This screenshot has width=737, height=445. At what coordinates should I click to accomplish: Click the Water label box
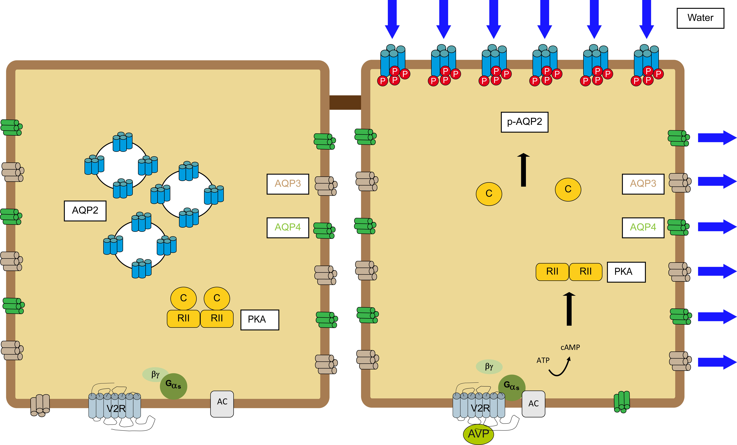pos(700,18)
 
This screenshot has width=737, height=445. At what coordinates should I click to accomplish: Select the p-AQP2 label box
pos(524,122)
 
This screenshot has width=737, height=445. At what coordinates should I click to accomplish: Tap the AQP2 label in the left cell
pos(85,211)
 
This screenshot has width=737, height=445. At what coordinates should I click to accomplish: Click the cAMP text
pos(570,347)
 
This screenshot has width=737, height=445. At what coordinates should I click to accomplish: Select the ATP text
pos(543,360)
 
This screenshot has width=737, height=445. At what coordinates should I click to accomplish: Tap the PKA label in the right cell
pos(626,272)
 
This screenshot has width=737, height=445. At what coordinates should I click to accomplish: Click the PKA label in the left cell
pos(260,320)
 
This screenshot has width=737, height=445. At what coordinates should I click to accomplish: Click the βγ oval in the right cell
pos(489,367)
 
